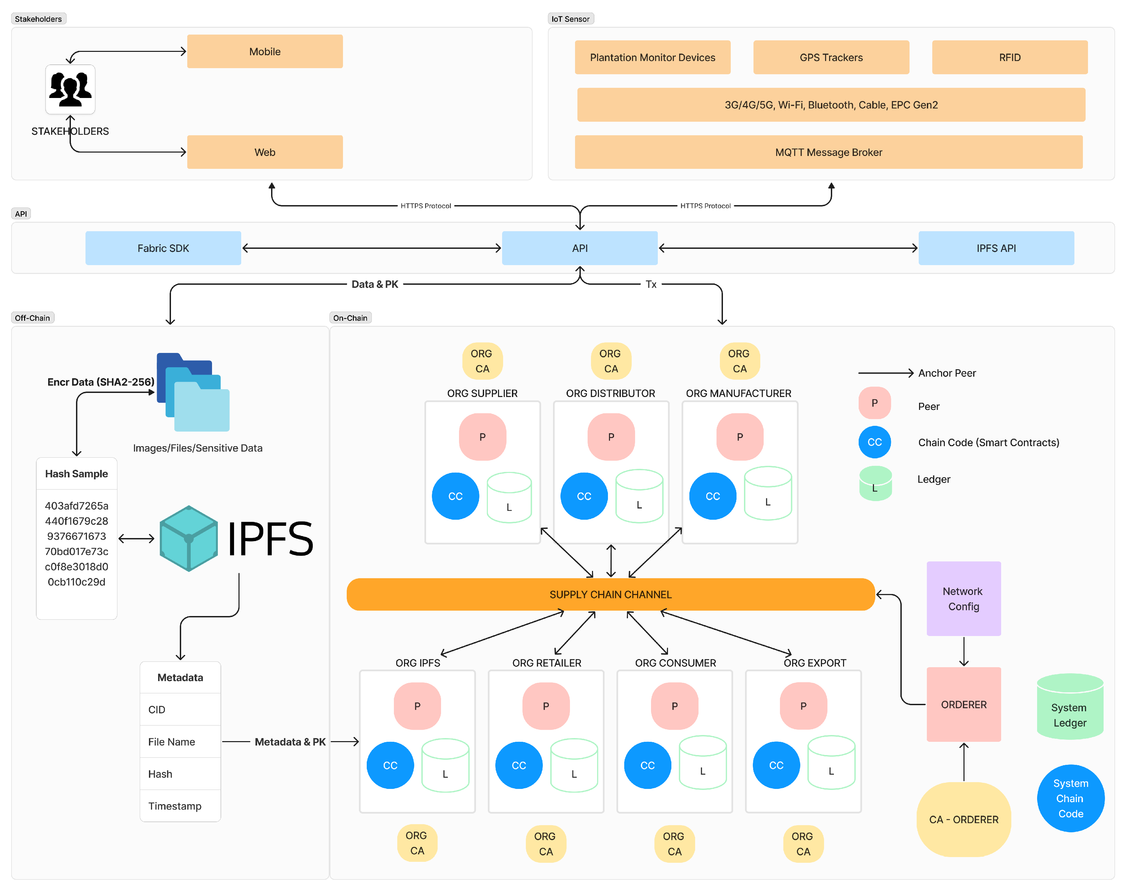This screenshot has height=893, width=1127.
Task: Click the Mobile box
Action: [x=265, y=51]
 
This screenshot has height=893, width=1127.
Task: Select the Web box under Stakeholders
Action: [x=265, y=152]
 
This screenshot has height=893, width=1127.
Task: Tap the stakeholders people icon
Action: [x=70, y=90]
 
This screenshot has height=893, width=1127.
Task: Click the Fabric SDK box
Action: [x=163, y=248]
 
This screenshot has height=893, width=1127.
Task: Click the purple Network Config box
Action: [x=963, y=598]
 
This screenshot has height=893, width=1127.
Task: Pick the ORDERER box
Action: [x=963, y=705]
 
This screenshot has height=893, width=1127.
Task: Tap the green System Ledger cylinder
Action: [x=1070, y=707]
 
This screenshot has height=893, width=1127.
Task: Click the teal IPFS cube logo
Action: [x=188, y=538]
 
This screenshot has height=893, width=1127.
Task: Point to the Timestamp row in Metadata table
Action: [x=180, y=806]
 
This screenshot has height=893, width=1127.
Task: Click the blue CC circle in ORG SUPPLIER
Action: [x=455, y=496]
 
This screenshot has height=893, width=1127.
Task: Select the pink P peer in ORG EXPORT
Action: [x=803, y=706]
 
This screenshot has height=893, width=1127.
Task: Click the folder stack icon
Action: [x=193, y=392]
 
